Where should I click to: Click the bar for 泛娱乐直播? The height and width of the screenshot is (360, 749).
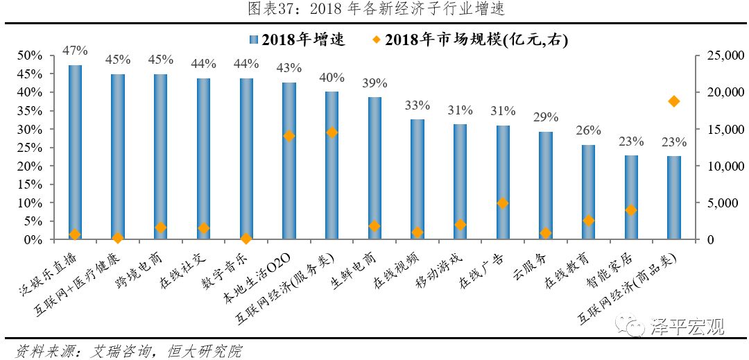tap(75, 153)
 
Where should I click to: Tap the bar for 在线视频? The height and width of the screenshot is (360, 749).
tap(417, 180)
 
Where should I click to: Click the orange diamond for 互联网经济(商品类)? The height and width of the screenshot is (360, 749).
tap(673, 101)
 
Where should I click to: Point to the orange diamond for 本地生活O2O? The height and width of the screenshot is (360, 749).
tap(289, 136)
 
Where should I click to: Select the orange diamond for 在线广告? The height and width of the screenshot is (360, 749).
tap(503, 203)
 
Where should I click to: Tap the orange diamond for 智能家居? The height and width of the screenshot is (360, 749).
tap(630, 209)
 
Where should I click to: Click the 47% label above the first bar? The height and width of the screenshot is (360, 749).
tap(75, 51)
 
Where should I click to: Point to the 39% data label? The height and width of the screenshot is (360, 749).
tap(374, 83)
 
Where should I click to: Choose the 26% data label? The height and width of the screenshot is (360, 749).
tap(588, 130)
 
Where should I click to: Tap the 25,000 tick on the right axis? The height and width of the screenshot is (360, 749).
tap(722, 55)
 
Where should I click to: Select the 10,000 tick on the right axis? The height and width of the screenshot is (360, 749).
tap(722, 166)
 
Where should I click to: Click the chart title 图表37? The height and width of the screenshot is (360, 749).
tap(375, 9)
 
